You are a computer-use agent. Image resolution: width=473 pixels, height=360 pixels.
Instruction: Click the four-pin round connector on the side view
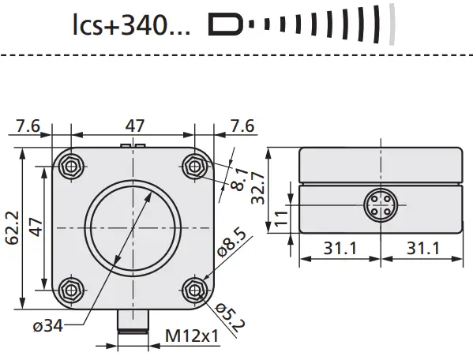[x=377, y=208]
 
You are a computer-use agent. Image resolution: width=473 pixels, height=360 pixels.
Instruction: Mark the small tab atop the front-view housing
[x=133, y=146]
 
